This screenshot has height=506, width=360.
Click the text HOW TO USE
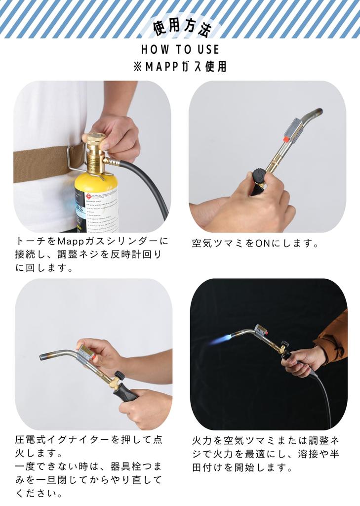(x=180, y=50)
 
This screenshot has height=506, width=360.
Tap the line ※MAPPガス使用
(x=180, y=67)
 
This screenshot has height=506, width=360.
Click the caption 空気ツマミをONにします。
(x=255, y=244)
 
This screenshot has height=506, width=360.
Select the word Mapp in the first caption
(x=72, y=242)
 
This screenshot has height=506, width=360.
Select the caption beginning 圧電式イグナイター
(x=89, y=440)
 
